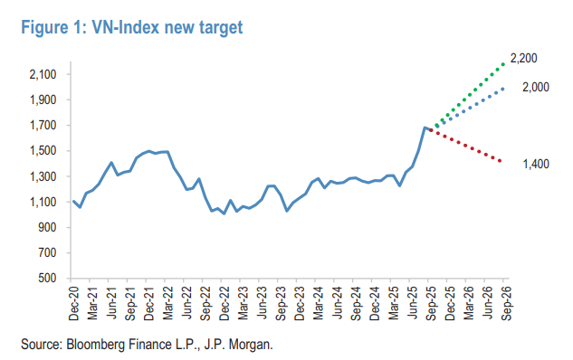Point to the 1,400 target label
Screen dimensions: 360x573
pyautogui.click(x=535, y=164)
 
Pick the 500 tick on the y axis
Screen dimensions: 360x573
pyautogui.click(x=49, y=279)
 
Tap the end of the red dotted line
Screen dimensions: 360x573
pyautogui.click(x=504, y=162)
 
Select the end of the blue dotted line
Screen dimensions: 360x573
pyautogui.click(x=504, y=88)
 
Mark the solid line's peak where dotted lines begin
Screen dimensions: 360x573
pyautogui.click(x=424, y=128)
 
